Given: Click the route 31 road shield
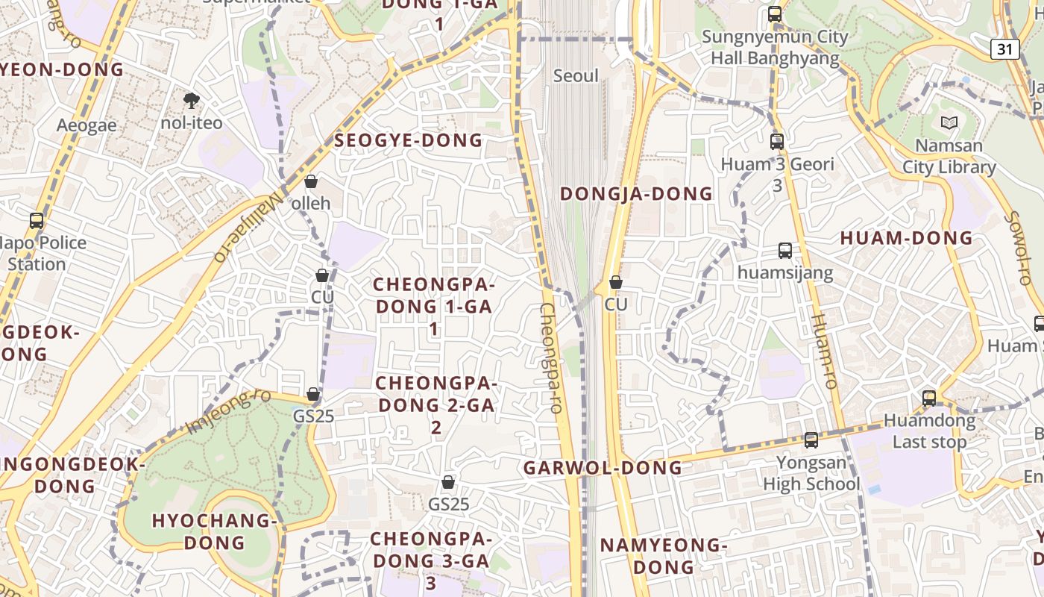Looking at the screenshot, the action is (x=1005, y=49).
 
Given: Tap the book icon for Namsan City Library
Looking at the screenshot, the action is (x=949, y=122).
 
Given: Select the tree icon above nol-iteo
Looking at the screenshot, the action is (x=192, y=100).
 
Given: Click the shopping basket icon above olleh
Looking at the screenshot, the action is (x=311, y=181).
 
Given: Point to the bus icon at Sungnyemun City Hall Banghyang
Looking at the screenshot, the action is (x=775, y=14).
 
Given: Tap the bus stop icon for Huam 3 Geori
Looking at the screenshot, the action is (x=777, y=141).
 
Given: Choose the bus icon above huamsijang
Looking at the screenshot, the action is (x=785, y=251).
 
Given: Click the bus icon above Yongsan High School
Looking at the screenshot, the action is (x=811, y=440).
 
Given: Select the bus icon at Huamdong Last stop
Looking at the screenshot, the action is (x=929, y=398).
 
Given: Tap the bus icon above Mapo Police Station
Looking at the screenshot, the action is (x=37, y=221).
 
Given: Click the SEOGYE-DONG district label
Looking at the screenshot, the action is (x=409, y=140).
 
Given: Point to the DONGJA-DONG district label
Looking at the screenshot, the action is (x=636, y=194).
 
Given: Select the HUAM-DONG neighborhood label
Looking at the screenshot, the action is (x=906, y=238).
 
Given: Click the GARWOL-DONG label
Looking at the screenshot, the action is (x=603, y=468).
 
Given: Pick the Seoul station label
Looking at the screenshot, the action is (x=576, y=76).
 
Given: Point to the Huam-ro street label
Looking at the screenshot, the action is (x=825, y=351).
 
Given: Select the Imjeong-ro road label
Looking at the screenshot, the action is (x=229, y=410).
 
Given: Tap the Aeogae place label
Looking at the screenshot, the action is (x=87, y=125).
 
